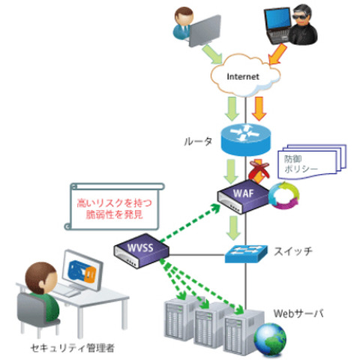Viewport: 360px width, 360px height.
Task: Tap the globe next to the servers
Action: coord(268,335)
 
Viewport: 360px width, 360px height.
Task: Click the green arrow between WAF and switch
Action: coord(235,226)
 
